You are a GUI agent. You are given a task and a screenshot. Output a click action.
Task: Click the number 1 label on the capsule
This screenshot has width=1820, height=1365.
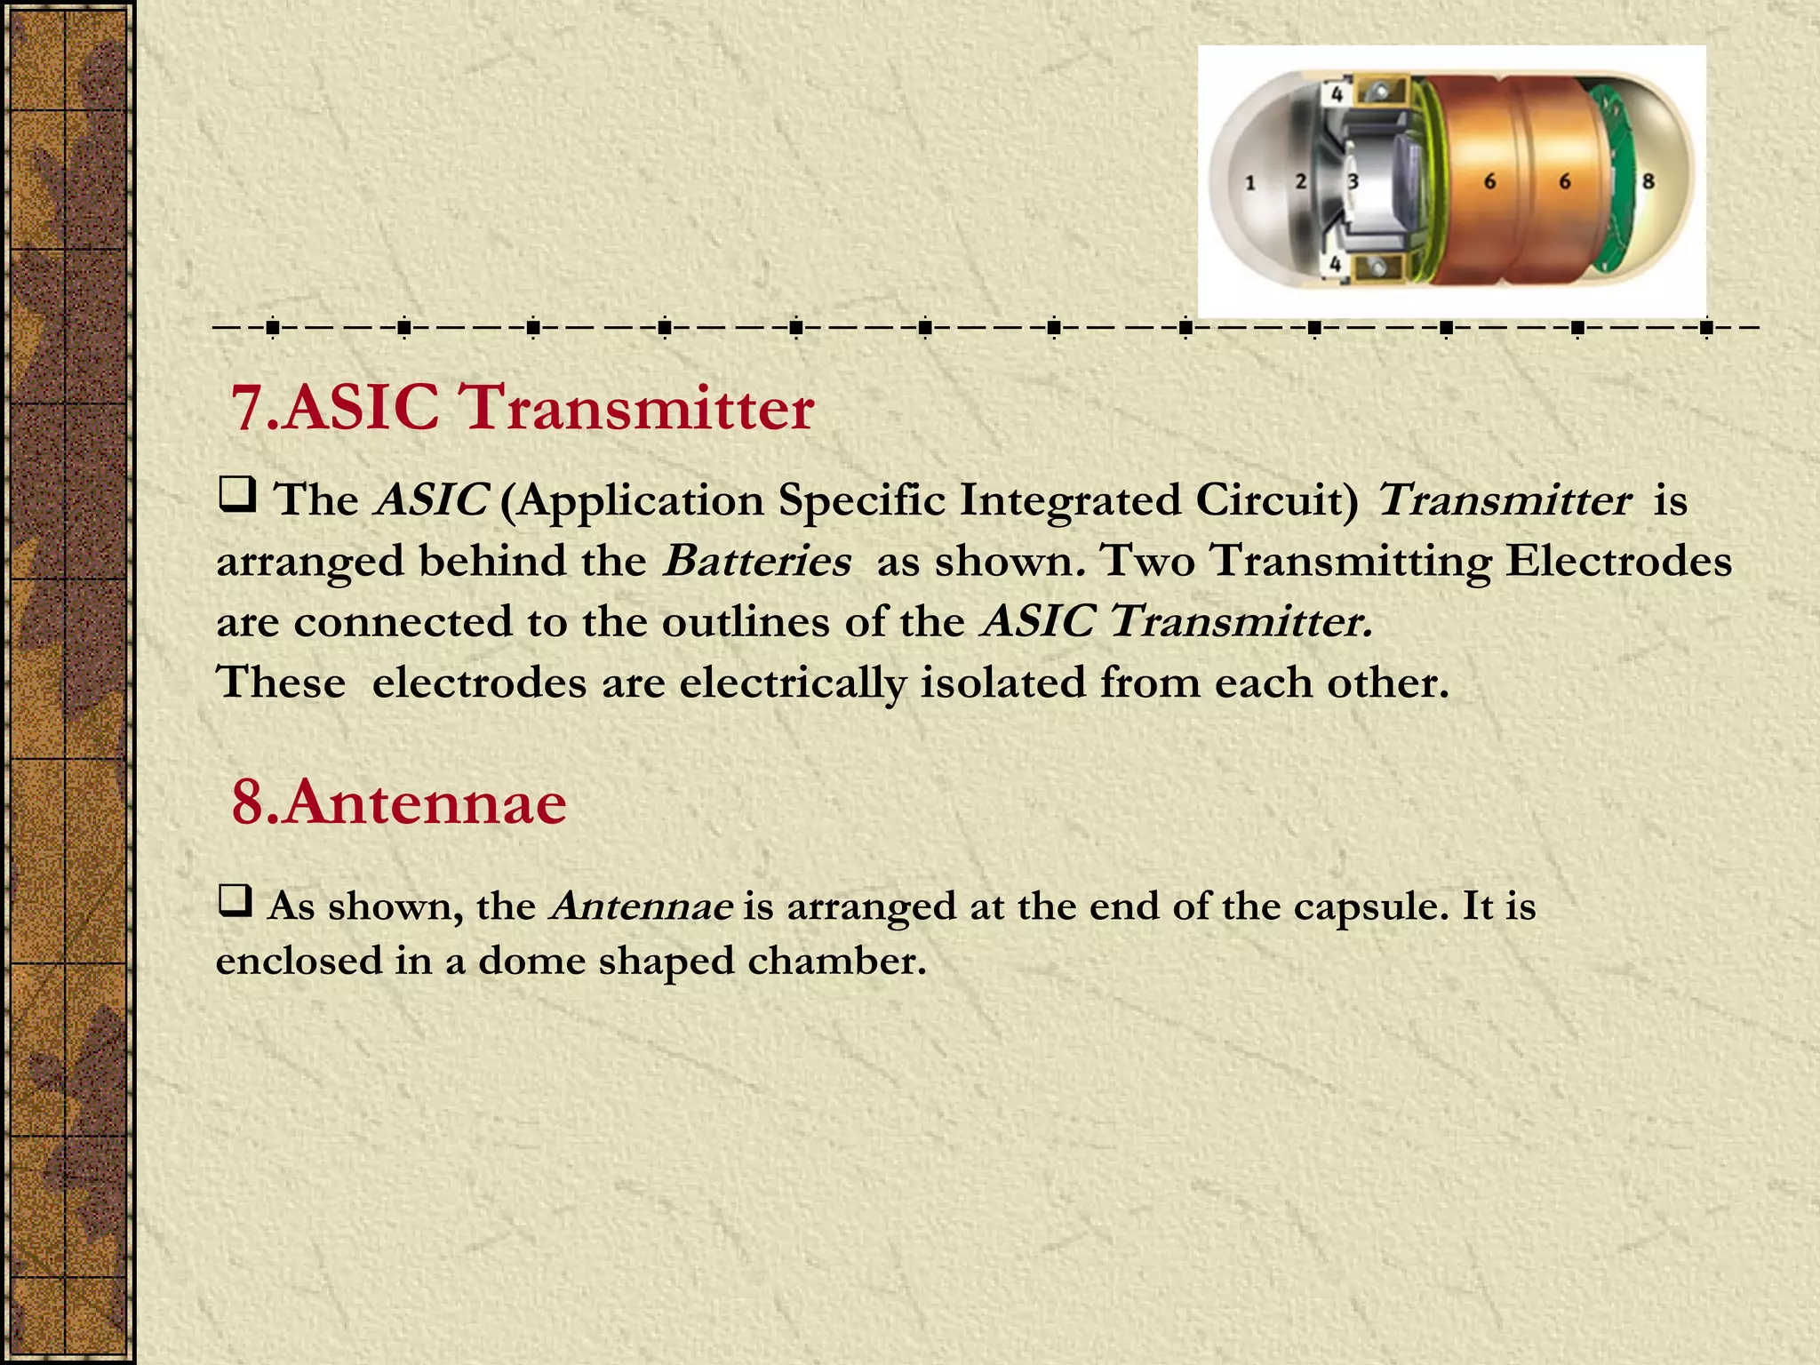click(x=1250, y=183)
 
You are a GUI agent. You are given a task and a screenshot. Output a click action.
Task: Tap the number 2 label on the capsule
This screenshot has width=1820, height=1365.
click(x=1301, y=181)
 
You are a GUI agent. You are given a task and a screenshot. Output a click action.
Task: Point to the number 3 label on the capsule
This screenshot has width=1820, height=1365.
click(x=1353, y=182)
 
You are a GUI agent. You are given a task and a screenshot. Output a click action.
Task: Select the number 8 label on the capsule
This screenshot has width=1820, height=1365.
click(x=1648, y=181)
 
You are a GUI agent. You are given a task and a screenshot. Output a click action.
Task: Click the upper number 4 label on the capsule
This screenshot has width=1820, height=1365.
click(x=1336, y=93)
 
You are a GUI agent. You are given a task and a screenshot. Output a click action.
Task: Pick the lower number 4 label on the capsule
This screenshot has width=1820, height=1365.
click(x=1335, y=264)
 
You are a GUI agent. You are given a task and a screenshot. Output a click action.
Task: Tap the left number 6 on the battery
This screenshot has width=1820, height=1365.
click(x=1489, y=181)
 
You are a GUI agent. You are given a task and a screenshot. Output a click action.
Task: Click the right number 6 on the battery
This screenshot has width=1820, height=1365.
click(x=1565, y=181)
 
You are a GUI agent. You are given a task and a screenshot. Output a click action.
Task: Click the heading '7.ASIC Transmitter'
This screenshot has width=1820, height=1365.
click(x=522, y=408)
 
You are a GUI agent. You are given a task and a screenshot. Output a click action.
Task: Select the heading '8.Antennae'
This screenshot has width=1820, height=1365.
click(x=398, y=802)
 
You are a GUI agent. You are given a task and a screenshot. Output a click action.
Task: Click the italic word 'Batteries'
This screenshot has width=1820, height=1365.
click(x=757, y=562)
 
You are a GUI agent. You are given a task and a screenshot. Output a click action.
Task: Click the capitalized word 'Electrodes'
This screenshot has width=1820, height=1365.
click(x=1618, y=562)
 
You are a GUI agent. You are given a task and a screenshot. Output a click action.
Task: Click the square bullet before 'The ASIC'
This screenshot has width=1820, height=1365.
click(x=237, y=495)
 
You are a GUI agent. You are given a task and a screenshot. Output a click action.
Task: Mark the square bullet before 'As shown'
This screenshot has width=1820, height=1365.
click(x=235, y=902)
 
